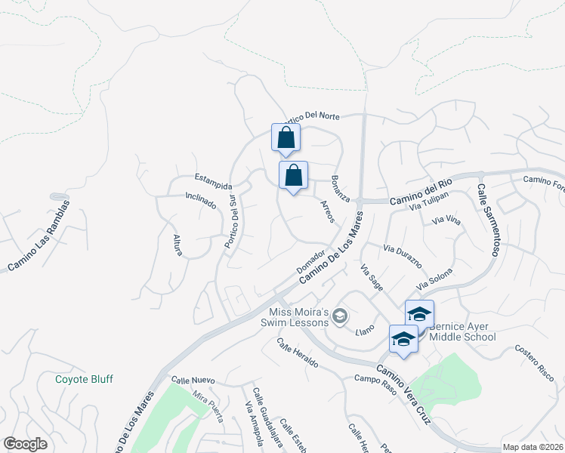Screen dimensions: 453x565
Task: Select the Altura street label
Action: (178, 245)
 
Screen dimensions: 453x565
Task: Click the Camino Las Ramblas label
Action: (39, 235)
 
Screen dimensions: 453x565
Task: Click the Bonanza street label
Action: (340, 188)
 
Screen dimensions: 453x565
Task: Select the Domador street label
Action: (310, 261)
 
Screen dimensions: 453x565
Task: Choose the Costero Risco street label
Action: (535, 358)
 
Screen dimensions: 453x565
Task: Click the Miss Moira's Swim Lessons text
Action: (298, 318)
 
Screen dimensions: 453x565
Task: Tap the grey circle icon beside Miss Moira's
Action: (341, 316)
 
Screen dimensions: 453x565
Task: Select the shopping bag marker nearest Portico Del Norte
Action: (286, 138)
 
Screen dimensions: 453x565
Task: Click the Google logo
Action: (25, 444)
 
